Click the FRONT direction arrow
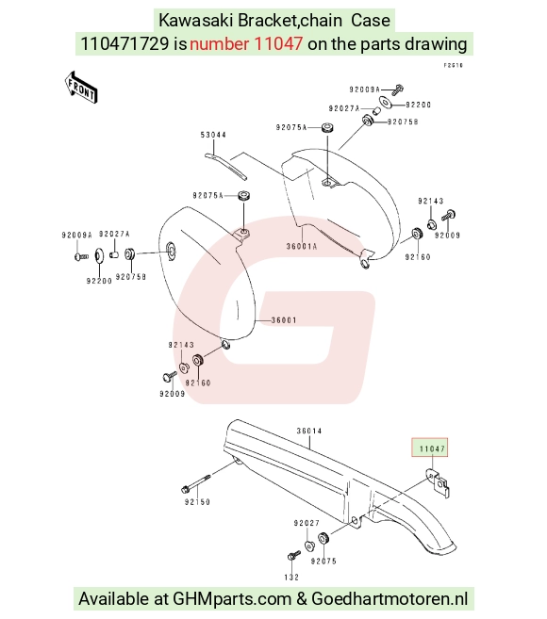(x=81, y=88)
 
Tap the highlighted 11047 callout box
(x=430, y=448)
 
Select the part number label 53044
(x=213, y=135)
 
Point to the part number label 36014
(x=309, y=431)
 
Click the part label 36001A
(x=302, y=246)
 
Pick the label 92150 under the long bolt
(x=197, y=502)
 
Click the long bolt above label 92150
(x=195, y=483)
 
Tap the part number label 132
(x=291, y=578)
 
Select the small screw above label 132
(x=293, y=555)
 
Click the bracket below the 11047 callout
(x=438, y=482)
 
